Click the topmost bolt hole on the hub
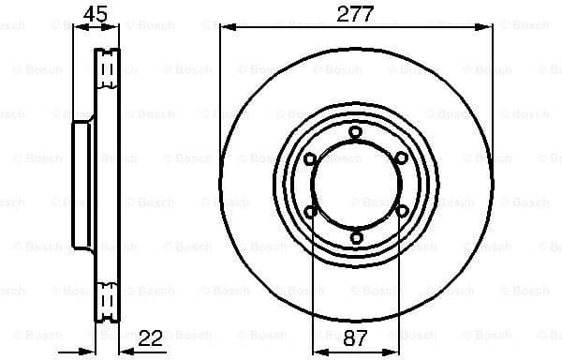(355, 132)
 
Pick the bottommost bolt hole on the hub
(355, 237)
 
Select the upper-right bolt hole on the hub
(401, 158)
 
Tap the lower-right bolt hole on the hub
(401, 211)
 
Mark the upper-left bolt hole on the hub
(310, 158)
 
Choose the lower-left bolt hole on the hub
(310, 211)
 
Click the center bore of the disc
(355, 185)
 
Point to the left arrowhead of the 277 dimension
(224, 27)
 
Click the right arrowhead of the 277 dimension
(488, 27)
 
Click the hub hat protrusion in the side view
(82, 185)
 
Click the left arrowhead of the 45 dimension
(78, 27)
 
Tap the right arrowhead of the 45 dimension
(116, 27)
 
